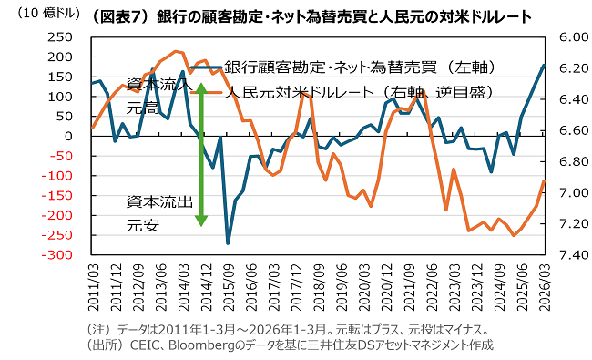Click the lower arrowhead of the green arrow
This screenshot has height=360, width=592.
(201, 221)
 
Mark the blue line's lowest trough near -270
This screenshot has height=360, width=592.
(228, 243)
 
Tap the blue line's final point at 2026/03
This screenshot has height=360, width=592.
(544, 65)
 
